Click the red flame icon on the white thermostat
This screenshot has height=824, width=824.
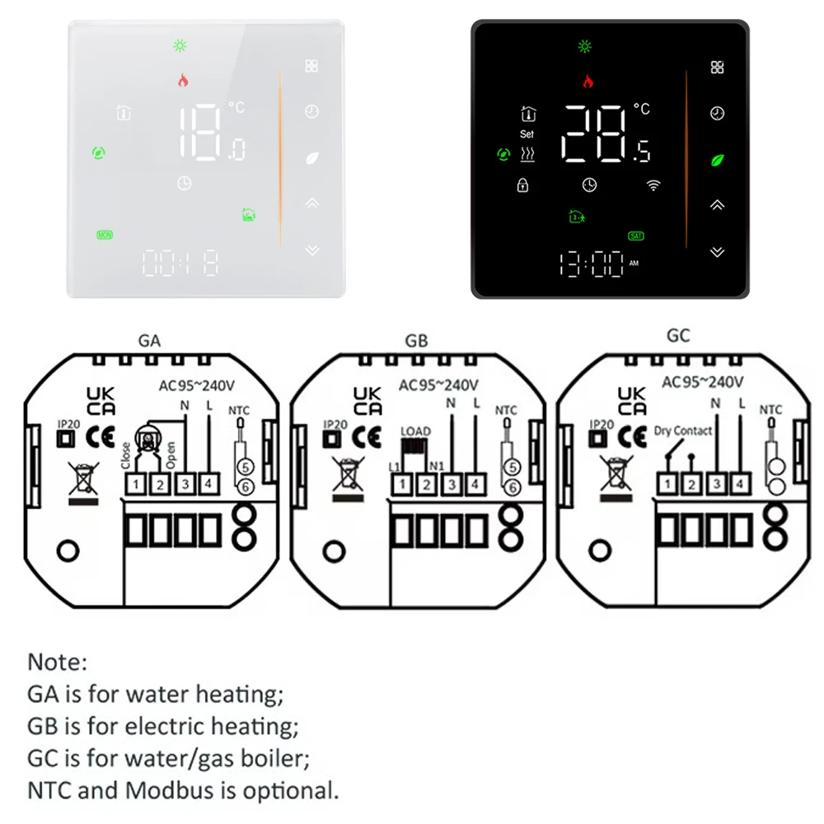[x=182, y=81]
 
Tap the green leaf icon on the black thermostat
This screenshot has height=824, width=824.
[x=718, y=159]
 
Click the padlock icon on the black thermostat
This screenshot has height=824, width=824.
[x=522, y=185]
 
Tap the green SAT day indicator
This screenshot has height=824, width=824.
[x=635, y=236]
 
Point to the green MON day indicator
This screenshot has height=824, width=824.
[x=105, y=235]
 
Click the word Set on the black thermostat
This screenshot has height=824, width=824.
[x=527, y=133]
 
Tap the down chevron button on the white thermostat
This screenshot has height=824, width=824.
[x=311, y=249]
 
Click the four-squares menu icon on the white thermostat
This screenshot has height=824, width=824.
[x=311, y=66]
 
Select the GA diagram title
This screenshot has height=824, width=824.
[x=151, y=340]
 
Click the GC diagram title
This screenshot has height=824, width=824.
[x=679, y=336]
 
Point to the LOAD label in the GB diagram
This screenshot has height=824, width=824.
[x=415, y=432]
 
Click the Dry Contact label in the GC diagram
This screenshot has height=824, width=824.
[x=683, y=430]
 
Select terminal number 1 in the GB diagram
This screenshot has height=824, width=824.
[x=401, y=485]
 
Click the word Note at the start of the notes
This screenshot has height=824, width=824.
[x=57, y=662]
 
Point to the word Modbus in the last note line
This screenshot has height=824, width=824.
[x=167, y=790]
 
